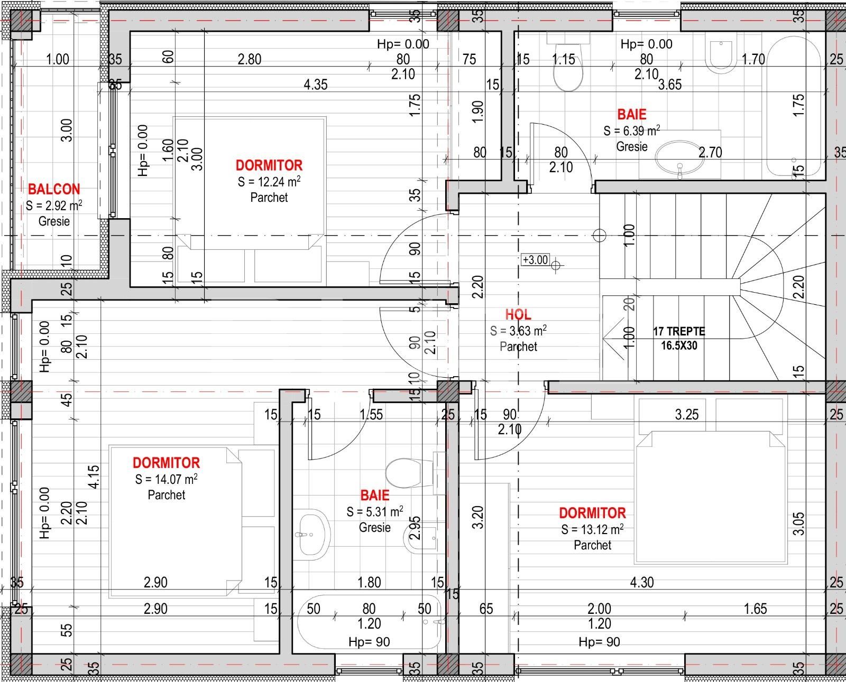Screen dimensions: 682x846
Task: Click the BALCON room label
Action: (x=54, y=189)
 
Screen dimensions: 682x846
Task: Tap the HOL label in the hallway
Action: (x=518, y=314)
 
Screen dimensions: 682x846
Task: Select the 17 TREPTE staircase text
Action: (x=679, y=332)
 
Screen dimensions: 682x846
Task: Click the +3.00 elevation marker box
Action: (x=535, y=260)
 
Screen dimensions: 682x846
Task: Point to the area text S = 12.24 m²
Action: (x=269, y=182)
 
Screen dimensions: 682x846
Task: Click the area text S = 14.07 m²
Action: (x=166, y=479)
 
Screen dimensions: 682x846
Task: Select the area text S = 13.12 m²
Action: (x=592, y=529)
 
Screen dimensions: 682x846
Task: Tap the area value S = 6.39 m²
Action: (x=631, y=130)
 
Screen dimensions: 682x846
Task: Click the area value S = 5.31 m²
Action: (x=374, y=511)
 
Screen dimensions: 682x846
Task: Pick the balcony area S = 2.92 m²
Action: (x=54, y=205)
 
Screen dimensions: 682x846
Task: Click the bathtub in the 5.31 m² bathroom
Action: (x=369, y=623)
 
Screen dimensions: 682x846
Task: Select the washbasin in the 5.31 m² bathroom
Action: (x=312, y=534)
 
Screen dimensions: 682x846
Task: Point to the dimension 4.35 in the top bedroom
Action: (x=316, y=85)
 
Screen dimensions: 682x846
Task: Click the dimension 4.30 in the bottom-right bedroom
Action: (x=642, y=582)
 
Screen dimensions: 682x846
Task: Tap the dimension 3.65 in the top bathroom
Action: (x=670, y=85)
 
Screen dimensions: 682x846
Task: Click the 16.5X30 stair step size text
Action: (x=679, y=345)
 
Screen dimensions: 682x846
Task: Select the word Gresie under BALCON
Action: (x=54, y=221)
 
